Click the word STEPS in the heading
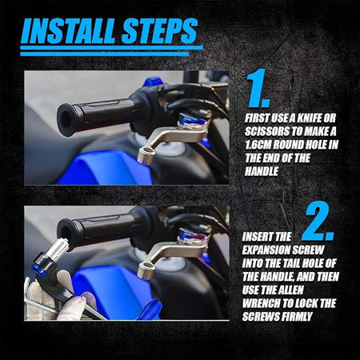[x=160, y=31]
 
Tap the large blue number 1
[x=258, y=88]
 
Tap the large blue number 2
[x=318, y=222]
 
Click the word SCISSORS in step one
[x=266, y=131]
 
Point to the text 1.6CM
[x=258, y=145]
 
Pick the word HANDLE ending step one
[x=262, y=171]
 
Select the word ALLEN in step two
[x=290, y=290]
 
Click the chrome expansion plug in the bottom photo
[x=60, y=250]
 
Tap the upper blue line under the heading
[x=111, y=48]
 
